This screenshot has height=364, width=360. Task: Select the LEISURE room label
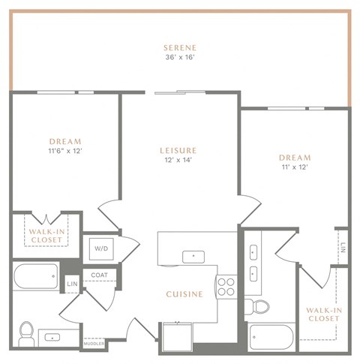[x=179, y=149]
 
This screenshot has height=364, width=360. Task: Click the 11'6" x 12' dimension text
[x=65, y=150]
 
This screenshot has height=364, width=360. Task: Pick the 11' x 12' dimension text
[x=294, y=167]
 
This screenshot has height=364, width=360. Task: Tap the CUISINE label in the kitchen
[x=184, y=294]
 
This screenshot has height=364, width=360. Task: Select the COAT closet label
[x=99, y=275]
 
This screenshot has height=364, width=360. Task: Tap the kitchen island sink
[x=194, y=256]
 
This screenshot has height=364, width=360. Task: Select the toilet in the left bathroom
[x=26, y=330]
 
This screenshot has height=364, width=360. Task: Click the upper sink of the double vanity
[x=254, y=251]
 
